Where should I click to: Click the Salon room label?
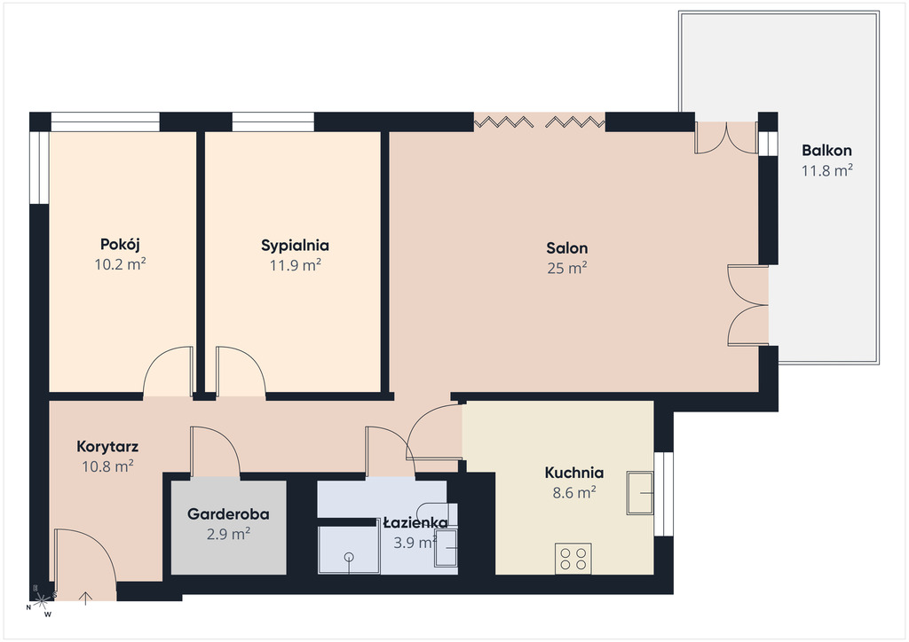(567, 248)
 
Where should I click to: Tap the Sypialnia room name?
(295, 246)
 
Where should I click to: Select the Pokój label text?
(120, 244)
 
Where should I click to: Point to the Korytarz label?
(107, 447)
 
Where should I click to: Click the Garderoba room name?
(228, 514)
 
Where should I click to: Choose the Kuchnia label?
(574, 473)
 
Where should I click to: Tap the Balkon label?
(826, 151)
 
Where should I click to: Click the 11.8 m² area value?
(826, 170)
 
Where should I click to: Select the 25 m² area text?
(567, 268)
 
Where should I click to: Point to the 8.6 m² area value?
(574, 493)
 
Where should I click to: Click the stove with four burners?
(573, 558)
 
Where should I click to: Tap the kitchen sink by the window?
(640, 493)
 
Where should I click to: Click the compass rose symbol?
(41, 602)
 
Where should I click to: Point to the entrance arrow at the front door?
(86, 599)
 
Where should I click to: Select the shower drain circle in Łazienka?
(348, 557)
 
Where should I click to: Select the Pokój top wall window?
(105, 121)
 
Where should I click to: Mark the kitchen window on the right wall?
(664, 494)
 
